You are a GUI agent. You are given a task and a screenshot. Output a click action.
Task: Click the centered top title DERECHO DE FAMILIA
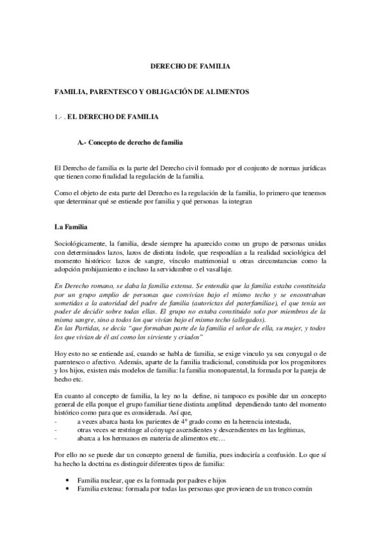coord(190,65)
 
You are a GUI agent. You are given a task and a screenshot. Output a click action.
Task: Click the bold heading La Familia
coord(73,226)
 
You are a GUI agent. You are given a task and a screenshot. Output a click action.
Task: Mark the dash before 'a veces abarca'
coord(57,421)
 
